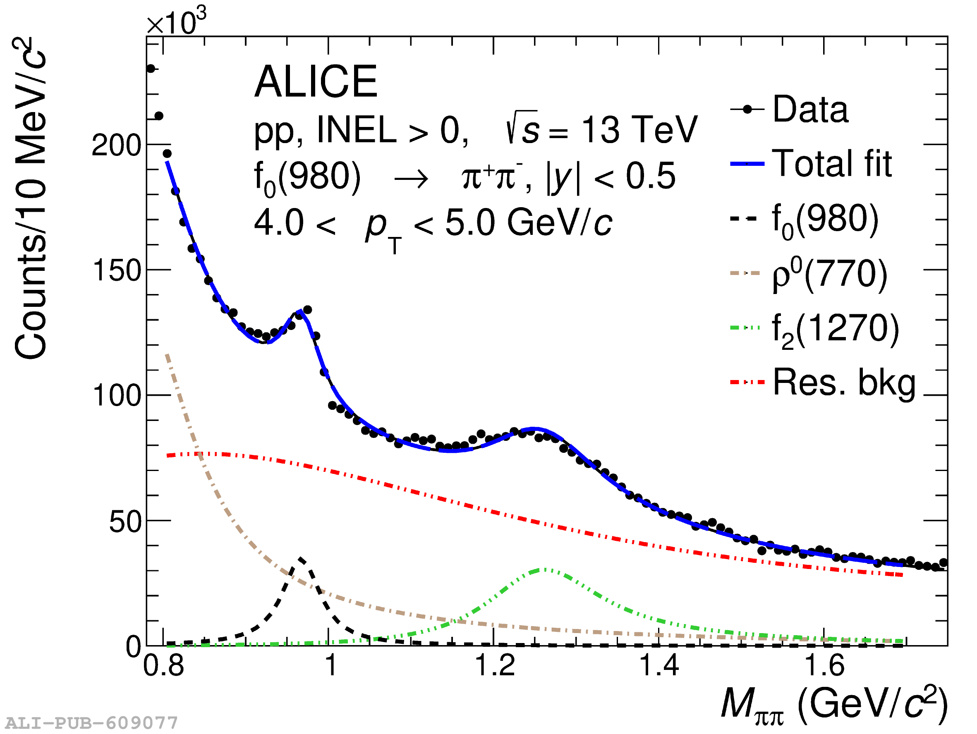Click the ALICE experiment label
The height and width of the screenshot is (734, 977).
(x=315, y=82)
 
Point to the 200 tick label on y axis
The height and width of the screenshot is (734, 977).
(x=116, y=145)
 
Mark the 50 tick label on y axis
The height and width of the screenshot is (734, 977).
(x=125, y=522)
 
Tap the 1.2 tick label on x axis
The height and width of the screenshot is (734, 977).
(x=495, y=665)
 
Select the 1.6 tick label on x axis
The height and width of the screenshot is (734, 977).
(x=824, y=665)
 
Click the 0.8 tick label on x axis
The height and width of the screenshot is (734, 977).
(x=163, y=665)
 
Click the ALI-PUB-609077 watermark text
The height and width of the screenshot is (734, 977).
(x=91, y=723)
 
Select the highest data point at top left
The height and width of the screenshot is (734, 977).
(x=151, y=69)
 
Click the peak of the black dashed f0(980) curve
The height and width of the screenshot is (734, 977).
(x=301, y=559)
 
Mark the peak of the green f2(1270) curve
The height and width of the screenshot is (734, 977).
(x=546, y=570)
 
